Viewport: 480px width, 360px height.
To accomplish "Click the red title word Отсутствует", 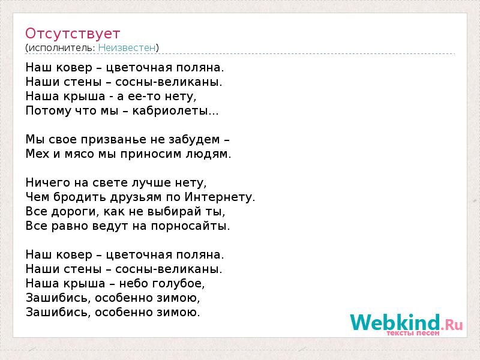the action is point(73,34).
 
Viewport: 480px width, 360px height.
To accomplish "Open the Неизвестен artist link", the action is point(127,48).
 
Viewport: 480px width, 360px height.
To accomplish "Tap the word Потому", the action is point(49,110).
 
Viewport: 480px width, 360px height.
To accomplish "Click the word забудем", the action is point(194,140).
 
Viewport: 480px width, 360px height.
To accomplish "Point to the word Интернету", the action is point(218,197).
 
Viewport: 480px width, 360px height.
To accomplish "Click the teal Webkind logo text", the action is point(395,322).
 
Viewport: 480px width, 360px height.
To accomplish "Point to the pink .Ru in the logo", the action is point(452,324).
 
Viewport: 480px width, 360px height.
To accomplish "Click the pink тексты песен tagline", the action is point(413,333).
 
